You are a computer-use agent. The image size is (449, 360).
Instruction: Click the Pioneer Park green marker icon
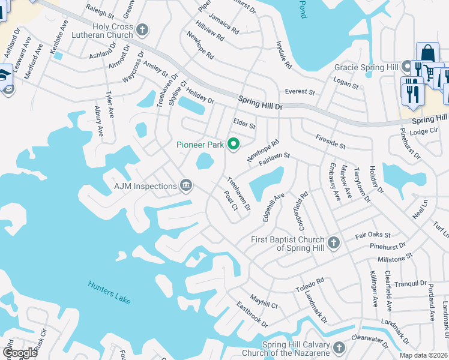pyautogui.click(x=233, y=144)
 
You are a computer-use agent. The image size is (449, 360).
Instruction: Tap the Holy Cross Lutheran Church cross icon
pyautogui.click(x=142, y=29)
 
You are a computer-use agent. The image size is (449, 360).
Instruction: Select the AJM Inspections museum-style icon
pyautogui.click(x=186, y=186)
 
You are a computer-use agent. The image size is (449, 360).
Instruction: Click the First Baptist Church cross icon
pyautogui.click(x=334, y=243)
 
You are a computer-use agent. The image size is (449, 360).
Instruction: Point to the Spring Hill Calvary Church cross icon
pyautogui.click(x=339, y=348)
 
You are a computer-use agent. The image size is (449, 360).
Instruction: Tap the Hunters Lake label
pyautogui.click(x=109, y=292)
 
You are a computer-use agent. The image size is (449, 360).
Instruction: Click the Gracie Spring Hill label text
pyautogui.click(x=367, y=67)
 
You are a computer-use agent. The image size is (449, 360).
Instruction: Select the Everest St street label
pyautogui.click(x=300, y=92)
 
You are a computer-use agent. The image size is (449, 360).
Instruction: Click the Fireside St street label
pyautogui.click(x=330, y=142)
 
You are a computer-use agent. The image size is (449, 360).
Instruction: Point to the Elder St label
pyautogui.click(x=244, y=124)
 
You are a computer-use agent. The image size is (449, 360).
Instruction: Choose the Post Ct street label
pyautogui.click(x=231, y=200)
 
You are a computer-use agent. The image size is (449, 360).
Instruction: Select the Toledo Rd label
pyautogui.click(x=310, y=284)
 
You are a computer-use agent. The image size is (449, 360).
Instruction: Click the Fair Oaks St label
pyautogui.click(x=373, y=235)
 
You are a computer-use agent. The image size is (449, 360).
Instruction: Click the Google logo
pyautogui.click(x=20, y=353)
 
